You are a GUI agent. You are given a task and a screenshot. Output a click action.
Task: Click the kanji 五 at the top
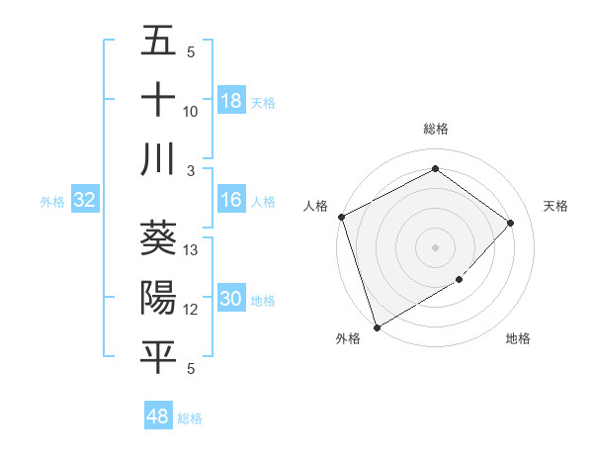(158, 41)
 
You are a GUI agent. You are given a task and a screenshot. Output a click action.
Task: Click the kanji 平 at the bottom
(158, 356)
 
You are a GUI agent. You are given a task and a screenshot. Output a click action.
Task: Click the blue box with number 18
(231, 101)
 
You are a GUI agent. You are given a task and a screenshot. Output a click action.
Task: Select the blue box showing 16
(231, 201)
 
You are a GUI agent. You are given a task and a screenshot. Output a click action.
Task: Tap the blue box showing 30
(231, 300)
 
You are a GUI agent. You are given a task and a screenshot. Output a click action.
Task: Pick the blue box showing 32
(85, 201)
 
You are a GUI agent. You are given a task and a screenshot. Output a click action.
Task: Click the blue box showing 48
(158, 418)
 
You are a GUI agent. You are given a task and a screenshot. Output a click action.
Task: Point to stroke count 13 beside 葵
(192, 250)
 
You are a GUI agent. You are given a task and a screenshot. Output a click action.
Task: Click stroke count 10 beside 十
(192, 112)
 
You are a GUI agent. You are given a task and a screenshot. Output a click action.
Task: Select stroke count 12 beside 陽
(192, 310)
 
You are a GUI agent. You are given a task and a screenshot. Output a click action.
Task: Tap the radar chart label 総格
(435, 129)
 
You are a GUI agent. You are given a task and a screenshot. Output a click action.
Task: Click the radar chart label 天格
(555, 206)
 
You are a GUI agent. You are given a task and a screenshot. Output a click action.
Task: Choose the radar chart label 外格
(348, 338)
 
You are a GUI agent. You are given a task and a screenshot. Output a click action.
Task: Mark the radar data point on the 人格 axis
(341, 217)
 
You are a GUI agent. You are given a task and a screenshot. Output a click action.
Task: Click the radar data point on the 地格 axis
(459, 280)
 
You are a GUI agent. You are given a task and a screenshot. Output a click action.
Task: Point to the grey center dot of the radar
(435, 247)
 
